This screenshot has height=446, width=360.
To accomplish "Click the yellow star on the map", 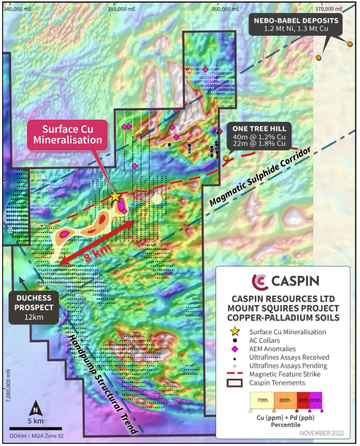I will [115, 196].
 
